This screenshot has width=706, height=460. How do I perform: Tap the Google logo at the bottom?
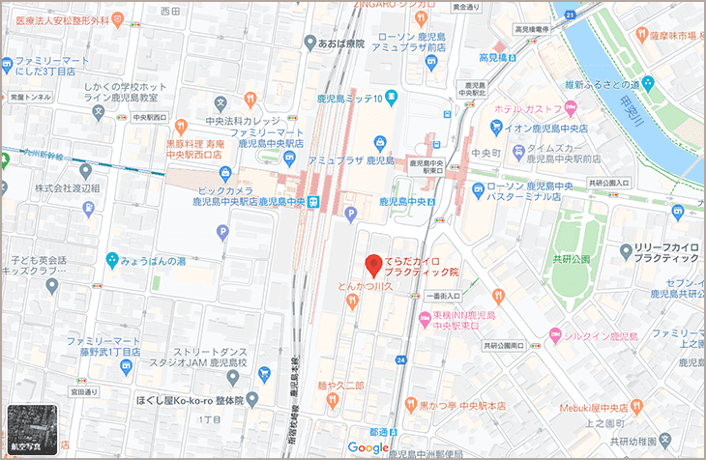(x=368, y=447)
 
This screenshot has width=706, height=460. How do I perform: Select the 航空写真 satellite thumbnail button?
(x=32, y=428)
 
